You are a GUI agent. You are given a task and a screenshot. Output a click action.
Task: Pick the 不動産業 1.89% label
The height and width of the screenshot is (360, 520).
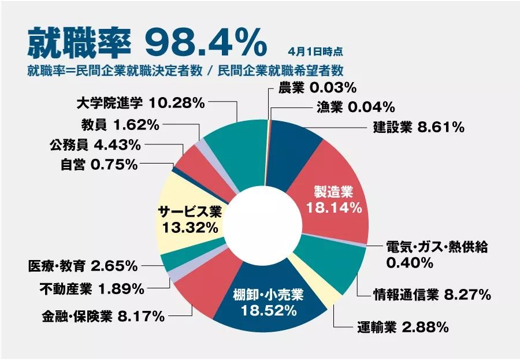click(92, 287)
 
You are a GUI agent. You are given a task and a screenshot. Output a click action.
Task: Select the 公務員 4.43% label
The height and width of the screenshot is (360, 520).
click(95, 144)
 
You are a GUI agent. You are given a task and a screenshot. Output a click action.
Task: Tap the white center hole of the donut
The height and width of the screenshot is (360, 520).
click(263, 225)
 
